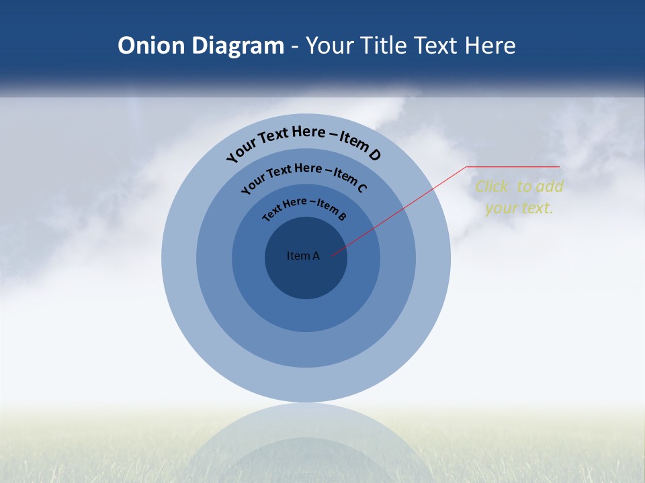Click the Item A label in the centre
[303, 256]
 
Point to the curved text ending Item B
[304, 208]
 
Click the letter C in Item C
[362, 188]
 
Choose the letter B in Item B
[342, 216]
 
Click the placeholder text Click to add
[519, 186]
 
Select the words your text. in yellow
[519, 208]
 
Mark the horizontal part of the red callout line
[514, 166]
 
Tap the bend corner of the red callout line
[467, 166]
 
